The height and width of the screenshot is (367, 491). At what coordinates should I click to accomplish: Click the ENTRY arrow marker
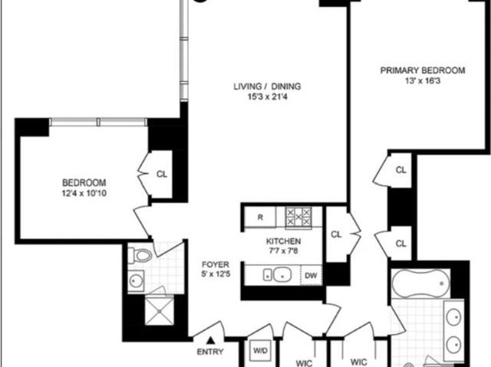[211, 340]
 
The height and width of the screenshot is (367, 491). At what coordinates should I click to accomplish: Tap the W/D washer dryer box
[261, 350]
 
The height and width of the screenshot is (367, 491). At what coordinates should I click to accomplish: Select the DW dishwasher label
[311, 275]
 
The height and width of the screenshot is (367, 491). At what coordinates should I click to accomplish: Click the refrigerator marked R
[260, 217]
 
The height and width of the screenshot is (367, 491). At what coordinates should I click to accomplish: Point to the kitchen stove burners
[298, 217]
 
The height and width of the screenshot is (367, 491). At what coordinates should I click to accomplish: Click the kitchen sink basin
[282, 275]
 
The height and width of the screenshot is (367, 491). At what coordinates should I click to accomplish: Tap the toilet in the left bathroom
[140, 255]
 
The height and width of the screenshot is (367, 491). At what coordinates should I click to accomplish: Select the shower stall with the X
[159, 311]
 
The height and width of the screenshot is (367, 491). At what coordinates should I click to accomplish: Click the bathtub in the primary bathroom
[420, 283]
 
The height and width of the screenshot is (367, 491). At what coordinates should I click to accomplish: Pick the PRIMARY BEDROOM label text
[423, 70]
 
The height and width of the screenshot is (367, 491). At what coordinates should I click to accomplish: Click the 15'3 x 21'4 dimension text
[268, 97]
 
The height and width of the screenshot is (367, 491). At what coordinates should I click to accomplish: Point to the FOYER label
[216, 265]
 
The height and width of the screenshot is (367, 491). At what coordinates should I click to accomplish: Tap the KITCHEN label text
[283, 241]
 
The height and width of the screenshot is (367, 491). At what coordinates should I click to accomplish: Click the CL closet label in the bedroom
[162, 174]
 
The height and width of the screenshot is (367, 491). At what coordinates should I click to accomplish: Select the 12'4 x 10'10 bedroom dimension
[84, 193]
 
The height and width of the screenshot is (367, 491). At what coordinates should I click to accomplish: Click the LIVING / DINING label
[267, 87]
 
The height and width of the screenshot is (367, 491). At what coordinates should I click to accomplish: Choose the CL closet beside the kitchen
[336, 234]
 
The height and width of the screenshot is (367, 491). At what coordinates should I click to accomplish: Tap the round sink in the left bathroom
[136, 280]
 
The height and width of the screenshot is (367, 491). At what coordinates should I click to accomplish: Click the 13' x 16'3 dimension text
[423, 81]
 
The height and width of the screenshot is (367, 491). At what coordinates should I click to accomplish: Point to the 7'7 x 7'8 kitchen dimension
[283, 251]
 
